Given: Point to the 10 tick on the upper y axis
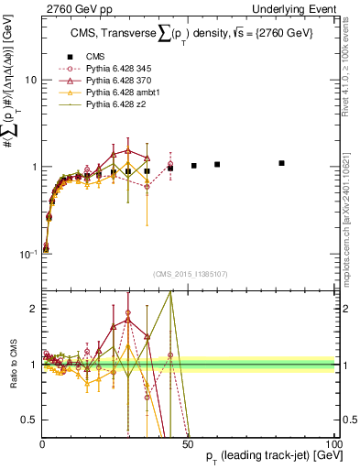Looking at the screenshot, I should click(x=29, y=80).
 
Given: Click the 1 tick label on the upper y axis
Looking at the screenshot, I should click(x=33, y=167).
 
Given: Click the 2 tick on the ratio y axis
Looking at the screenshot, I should click(x=33, y=309).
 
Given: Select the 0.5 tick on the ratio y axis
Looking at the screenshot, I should click(x=29, y=420).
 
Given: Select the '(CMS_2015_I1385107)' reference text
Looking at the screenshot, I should click(x=188, y=273).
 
